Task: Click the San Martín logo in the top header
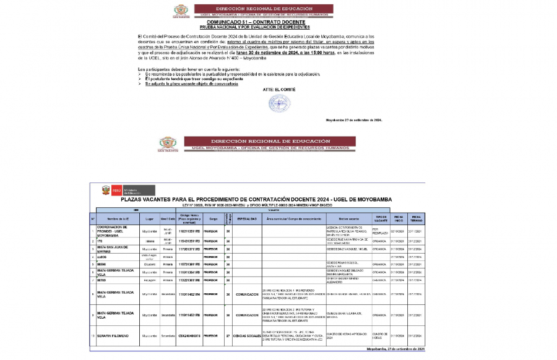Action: pyautogui.click(x=180, y=11)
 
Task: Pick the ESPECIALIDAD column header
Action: pyautogui.click(x=247, y=219)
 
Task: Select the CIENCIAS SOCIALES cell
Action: pyautogui.click(x=247, y=336)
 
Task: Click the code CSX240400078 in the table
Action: pyautogui.click(x=189, y=336)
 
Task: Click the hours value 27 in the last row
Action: pyautogui.click(x=228, y=336)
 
